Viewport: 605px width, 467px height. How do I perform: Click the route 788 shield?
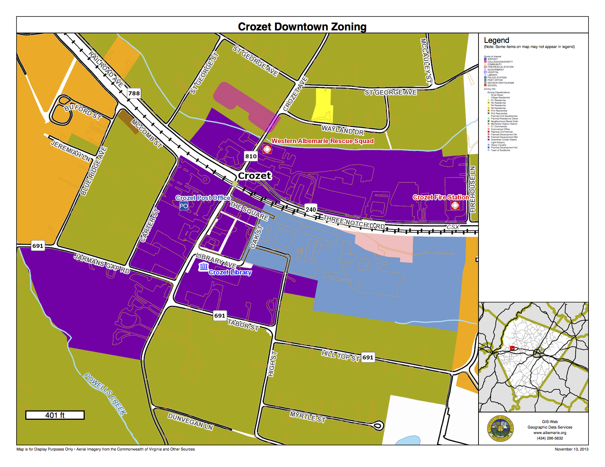pyautogui.click(x=134, y=93)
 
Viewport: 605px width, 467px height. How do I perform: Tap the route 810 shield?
pyautogui.click(x=251, y=156)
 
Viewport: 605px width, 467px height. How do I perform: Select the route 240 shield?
pyautogui.click(x=311, y=210)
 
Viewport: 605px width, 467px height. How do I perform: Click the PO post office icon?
pyautogui.click(x=184, y=206)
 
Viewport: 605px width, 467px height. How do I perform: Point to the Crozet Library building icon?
pyautogui.click(x=203, y=267)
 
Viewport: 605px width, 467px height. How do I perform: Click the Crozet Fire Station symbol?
pyautogui.click(x=455, y=205)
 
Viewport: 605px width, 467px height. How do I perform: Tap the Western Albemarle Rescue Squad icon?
pyautogui.click(x=267, y=149)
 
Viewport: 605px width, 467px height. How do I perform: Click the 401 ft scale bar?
pyautogui.click(x=55, y=415)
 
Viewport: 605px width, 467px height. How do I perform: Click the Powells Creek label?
pyautogui.click(x=105, y=394)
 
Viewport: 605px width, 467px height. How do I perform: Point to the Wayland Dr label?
pyautogui.click(x=343, y=130)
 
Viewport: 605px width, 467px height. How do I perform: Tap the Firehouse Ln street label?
pyautogui.click(x=473, y=189)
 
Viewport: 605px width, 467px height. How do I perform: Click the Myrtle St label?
pyautogui.click(x=308, y=417)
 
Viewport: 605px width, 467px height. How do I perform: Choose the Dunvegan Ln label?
pyautogui.click(x=190, y=422)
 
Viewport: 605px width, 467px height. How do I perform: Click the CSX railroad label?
pyautogui.click(x=453, y=227)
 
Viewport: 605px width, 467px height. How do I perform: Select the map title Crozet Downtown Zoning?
pyautogui.click(x=302, y=26)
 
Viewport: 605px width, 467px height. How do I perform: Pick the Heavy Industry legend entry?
pyautogui.click(x=498, y=145)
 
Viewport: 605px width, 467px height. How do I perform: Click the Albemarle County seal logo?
pyautogui.click(x=500, y=429)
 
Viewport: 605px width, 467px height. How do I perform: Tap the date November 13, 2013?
pyautogui.click(x=571, y=449)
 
